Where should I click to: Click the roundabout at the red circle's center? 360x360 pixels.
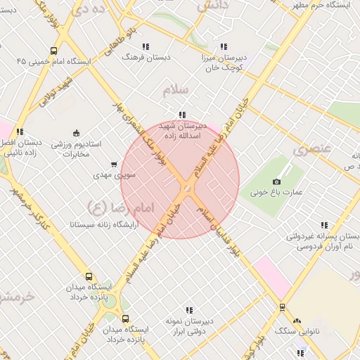pos(186,188)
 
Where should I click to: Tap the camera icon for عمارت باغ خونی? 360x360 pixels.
pos(276,181)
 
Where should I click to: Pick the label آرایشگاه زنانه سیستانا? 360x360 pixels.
pos(103,226)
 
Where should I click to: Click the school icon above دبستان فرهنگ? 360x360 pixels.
pos(146,46)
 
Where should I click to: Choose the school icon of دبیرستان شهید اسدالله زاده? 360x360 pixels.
pos(182,115)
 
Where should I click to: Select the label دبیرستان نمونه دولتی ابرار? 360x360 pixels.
pos(189,326)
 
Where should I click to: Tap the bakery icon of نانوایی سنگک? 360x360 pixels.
pos(296,320)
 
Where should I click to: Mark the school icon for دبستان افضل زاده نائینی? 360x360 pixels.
pos(20,131)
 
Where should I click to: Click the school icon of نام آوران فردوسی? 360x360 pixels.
pos(324,226)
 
